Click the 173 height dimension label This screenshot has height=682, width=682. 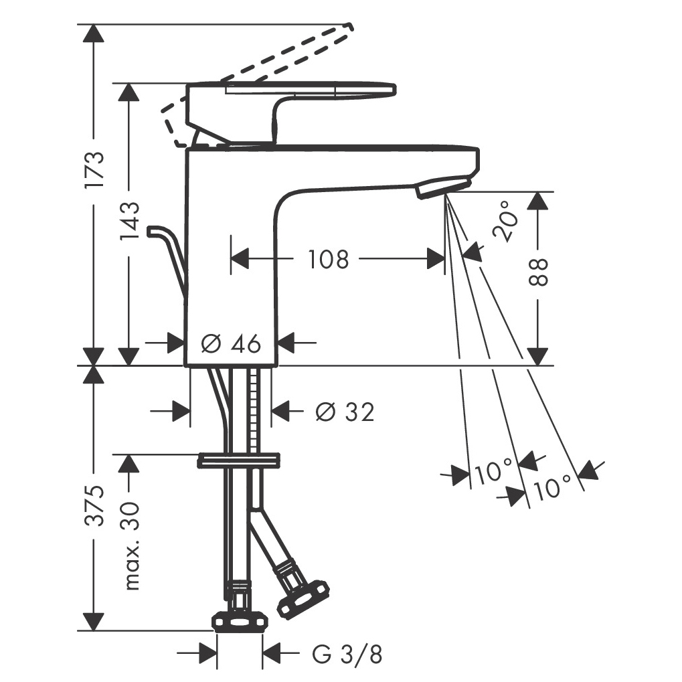click(95, 169)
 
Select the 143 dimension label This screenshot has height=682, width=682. click(130, 220)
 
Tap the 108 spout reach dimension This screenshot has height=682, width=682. click(329, 259)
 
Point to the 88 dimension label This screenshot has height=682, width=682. click(539, 272)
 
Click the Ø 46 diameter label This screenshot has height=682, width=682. click(231, 343)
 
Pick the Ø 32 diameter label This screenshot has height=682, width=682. click(345, 411)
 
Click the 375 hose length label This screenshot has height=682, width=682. click(95, 505)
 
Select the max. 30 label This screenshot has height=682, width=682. click(131, 546)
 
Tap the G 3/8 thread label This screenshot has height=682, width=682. click(347, 654)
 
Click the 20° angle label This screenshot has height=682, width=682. click(506, 221)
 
